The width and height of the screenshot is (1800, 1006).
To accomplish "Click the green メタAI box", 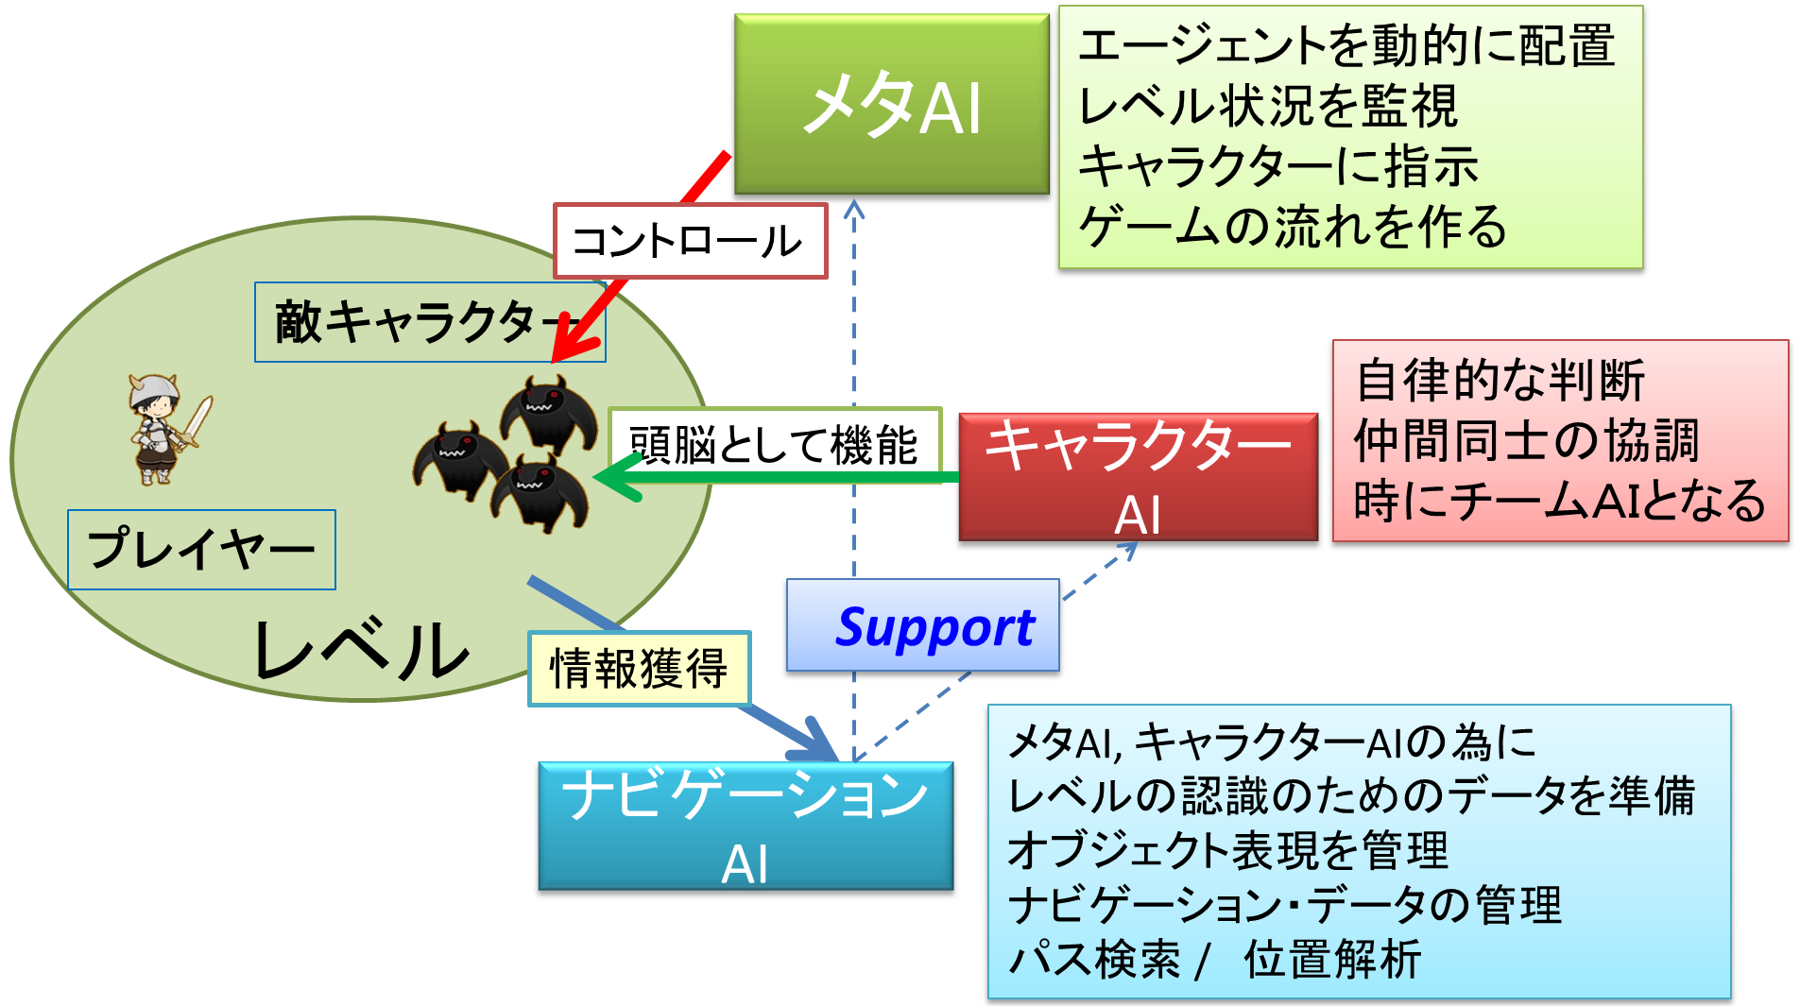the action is pyautogui.click(x=891, y=104).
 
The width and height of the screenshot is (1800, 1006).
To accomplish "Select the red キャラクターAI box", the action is pyautogui.click(x=1138, y=477).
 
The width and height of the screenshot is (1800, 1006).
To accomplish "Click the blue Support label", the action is pyautogui.click(x=923, y=625).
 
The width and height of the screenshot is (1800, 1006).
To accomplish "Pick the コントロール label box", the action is pyautogui.click(x=691, y=241).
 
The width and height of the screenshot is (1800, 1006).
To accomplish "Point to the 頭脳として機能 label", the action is pyautogui.click(x=775, y=444).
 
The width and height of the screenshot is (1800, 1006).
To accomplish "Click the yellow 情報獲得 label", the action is pyautogui.click(x=639, y=669).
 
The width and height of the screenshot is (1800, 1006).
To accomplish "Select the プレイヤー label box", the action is pyautogui.click(x=201, y=550).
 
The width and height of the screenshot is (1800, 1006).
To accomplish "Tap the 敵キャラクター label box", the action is pyautogui.click(x=430, y=322).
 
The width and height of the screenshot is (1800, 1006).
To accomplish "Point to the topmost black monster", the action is pyautogui.click(x=548, y=413).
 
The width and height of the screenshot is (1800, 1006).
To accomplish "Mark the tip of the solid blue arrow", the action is pyautogui.click(x=836, y=759).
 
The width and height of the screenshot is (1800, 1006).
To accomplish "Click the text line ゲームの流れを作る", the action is pyautogui.click(x=1293, y=227).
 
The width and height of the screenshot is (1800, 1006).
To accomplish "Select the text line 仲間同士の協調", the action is pyautogui.click(x=1526, y=440).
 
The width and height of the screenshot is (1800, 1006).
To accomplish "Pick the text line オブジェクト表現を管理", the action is pyautogui.click(x=1227, y=849).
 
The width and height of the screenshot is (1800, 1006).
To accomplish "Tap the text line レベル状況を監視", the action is pyautogui.click(x=1268, y=105).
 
